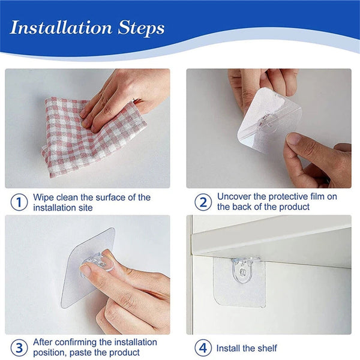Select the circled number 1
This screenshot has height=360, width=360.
[x=19, y=202]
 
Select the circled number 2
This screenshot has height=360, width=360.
[x=203, y=202]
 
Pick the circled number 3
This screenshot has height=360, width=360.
[x=19, y=347]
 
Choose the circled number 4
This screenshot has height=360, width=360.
[x=203, y=347]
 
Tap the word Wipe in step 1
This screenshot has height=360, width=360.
[x=44, y=197]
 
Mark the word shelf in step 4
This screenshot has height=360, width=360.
[x=266, y=348]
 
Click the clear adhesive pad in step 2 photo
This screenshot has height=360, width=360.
[x=267, y=120]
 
